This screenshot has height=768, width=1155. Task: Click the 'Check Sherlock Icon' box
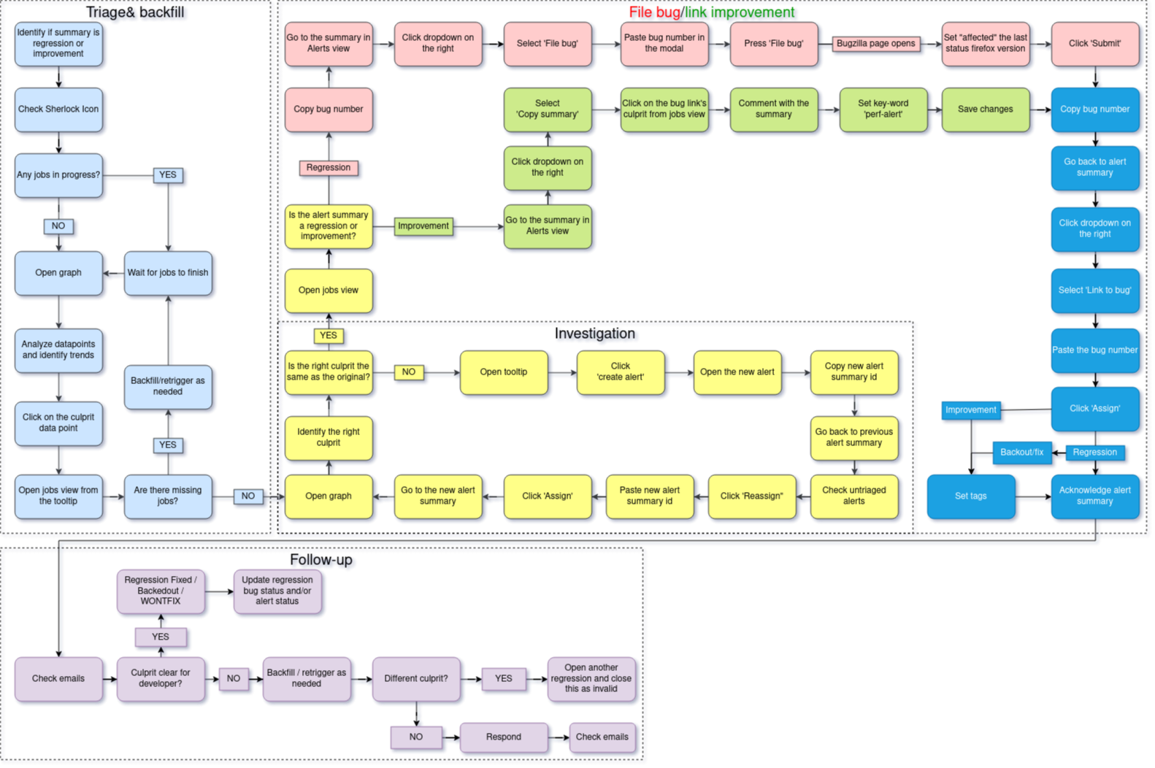[58, 110]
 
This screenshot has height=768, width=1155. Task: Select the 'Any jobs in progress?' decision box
[58, 175]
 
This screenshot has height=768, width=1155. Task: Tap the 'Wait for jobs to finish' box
[168, 273]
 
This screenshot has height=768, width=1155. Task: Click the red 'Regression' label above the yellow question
[329, 168]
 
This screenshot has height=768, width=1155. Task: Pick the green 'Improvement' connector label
[423, 226]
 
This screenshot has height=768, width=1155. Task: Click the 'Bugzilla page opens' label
[875, 44]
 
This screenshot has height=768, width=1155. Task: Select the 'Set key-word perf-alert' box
[883, 110]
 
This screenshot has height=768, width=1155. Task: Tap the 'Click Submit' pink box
[1094, 44]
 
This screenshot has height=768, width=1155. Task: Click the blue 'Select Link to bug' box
[1094, 291]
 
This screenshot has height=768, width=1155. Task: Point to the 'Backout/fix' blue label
[1021, 453]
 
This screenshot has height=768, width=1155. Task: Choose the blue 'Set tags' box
[970, 496]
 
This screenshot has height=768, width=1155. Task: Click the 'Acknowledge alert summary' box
[1094, 496]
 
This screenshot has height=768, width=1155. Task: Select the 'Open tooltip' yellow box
[504, 372]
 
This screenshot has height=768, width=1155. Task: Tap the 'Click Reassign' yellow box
[751, 496]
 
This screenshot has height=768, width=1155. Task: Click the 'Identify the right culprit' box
[329, 437]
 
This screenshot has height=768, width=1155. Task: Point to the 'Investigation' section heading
[594, 334]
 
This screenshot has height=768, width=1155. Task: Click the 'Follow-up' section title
[321, 560]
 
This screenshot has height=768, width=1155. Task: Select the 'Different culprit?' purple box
[416, 679]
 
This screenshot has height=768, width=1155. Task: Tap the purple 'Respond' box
[504, 737]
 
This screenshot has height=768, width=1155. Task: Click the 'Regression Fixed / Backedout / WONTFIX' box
[161, 591]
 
